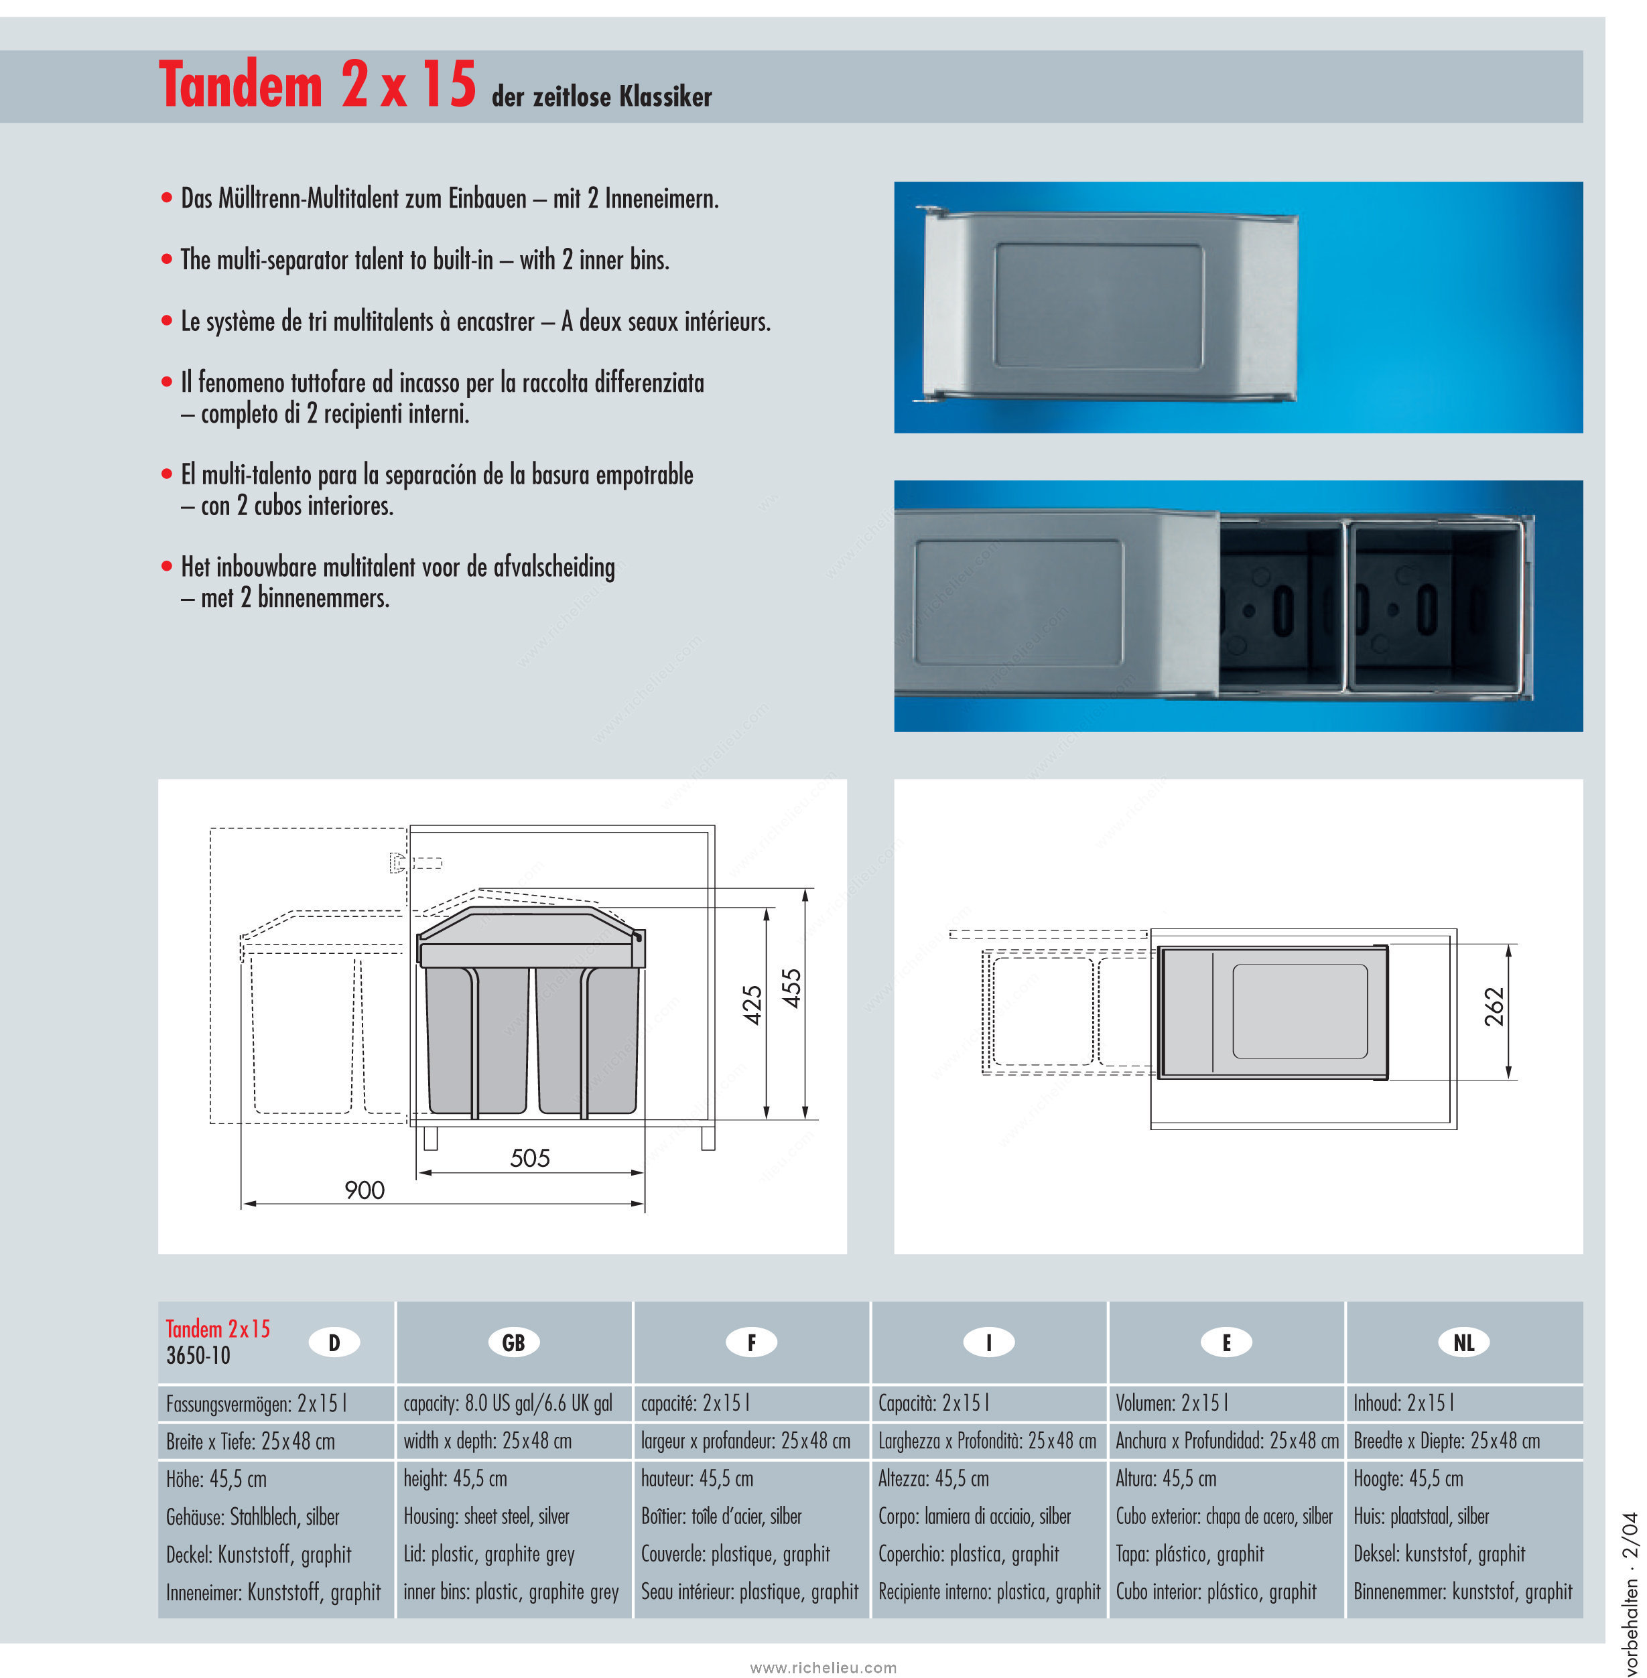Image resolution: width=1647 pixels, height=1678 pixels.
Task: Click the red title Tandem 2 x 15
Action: (x=318, y=85)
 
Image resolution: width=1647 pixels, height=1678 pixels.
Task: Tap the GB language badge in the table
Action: (x=514, y=1342)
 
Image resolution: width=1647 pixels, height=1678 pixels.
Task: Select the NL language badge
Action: (x=1463, y=1342)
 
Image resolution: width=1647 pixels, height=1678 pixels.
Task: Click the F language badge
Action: (x=751, y=1342)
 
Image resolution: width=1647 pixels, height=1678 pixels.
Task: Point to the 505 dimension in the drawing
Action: (x=530, y=1158)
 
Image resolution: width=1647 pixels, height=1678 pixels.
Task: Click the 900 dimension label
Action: (x=364, y=1190)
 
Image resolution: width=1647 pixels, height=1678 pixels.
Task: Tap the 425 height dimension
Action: (x=752, y=1005)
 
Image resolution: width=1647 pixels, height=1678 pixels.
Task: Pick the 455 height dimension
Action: (x=791, y=989)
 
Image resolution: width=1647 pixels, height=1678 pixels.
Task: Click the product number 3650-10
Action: (x=198, y=1355)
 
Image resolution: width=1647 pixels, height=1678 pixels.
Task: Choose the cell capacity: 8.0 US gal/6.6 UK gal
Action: (x=508, y=1403)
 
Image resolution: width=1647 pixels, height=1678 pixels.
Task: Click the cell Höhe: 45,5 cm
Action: (x=216, y=1479)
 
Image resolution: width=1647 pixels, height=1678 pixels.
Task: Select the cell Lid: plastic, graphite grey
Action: (x=488, y=1554)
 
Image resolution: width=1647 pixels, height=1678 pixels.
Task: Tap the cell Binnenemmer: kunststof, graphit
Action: (x=1463, y=1592)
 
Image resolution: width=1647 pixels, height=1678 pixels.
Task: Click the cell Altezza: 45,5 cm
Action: (x=933, y=1479)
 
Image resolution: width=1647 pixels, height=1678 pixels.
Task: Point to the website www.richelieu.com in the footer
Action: (x=824, y=1643)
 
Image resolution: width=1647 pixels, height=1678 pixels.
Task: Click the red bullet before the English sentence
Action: (x=167, y=259)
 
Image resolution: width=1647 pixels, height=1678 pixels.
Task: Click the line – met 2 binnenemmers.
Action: (x=285, y=598)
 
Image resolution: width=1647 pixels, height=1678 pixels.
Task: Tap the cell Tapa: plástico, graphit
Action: (x=1189, y=1554)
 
